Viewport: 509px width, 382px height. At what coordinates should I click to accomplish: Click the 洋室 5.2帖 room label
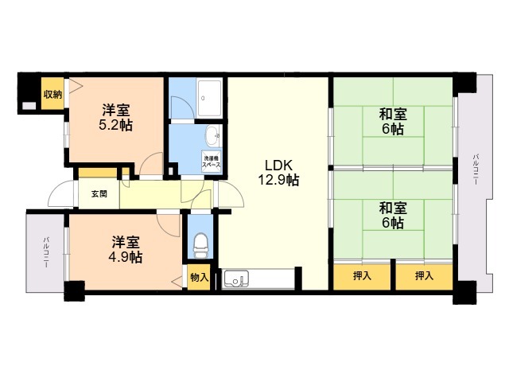click(116, 117)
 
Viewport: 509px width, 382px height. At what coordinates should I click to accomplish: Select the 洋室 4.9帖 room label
click(126, 249)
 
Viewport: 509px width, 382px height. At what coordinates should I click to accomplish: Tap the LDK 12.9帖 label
click(278, 173)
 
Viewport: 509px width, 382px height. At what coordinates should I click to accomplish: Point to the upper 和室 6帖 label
click(393, 122)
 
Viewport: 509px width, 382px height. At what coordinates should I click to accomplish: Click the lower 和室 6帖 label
click(393, 216)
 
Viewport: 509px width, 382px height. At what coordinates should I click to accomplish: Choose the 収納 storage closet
click(52, 94)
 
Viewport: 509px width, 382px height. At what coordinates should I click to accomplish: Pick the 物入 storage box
click(199, 277)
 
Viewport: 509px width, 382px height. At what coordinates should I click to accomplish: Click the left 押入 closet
click(362, 276)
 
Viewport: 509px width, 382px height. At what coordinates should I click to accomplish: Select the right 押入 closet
click(424, 276)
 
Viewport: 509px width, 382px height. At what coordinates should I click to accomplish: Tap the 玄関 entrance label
click(99, 194)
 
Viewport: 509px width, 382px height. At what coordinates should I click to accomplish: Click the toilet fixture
click(200, 246)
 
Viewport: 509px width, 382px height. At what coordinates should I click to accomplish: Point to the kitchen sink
click(237, 279)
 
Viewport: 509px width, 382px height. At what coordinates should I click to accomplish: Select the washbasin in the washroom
click(212, 136)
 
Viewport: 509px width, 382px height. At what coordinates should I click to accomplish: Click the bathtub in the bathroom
click(209, 97)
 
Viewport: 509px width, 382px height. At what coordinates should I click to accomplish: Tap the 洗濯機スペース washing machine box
click(212, 161)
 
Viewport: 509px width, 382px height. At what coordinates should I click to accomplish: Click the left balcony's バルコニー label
click(46, 252)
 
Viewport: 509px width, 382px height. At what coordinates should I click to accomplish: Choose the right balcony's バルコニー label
click(476, 170)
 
